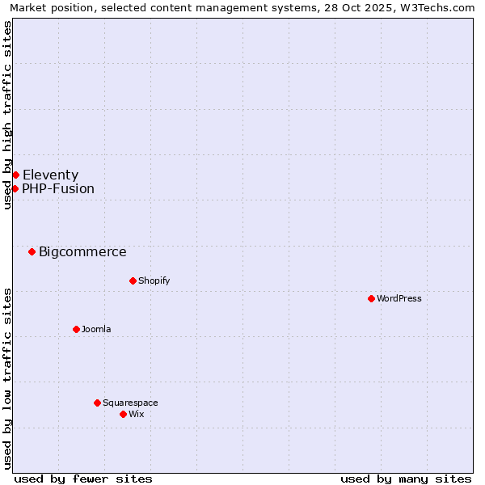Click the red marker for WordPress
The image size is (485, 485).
371,298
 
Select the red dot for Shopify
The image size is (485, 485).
133,280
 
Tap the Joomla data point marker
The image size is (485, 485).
76,329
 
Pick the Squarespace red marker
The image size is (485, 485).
97,403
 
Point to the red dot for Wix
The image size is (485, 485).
123,414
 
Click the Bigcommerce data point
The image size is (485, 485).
32,251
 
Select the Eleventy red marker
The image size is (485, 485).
15,175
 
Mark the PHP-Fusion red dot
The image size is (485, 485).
15,188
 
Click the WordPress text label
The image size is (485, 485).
399,298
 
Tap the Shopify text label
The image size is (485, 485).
154,280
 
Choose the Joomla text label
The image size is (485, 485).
96,329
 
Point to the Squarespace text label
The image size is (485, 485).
130,403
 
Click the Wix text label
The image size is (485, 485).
137,414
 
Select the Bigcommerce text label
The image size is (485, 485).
82,251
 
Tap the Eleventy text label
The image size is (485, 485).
50,175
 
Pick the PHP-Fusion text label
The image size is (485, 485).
58,188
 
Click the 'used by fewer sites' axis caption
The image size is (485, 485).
83,479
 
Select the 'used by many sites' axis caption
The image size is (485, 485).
406,479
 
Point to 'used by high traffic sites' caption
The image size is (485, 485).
7,115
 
